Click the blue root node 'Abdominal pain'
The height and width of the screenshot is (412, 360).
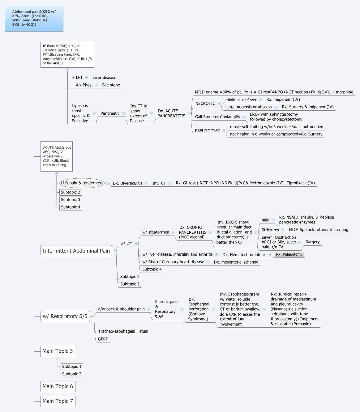[x=34, y=18]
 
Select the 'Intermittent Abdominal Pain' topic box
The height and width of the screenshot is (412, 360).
[x=76, y=251]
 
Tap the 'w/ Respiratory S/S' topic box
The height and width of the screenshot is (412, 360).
[x=65, y=316]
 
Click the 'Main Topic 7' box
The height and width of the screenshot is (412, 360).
[x=58, y=401]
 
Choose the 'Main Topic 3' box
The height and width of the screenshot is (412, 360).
[x=58, y=351]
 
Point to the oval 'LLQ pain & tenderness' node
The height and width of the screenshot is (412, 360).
[x=82, y=183]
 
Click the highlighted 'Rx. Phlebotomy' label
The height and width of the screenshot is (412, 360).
[x=289, y=254]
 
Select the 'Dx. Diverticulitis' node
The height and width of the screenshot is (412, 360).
[x=127, y=183]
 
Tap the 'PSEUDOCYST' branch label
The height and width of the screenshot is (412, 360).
[x=207, y=131]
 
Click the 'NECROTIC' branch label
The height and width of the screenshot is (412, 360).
[x=205, y=104]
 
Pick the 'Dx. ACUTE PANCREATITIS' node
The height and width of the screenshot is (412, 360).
[x=171, y=113]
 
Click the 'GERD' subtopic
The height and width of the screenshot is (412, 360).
[x=103, y=339]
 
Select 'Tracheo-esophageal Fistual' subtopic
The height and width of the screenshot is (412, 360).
[x=123, y=331]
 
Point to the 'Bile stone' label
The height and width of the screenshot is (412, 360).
[x=111, y=85]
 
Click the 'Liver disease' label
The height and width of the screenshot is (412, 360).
[x=104, y=78]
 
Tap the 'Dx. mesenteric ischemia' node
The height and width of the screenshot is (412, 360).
[x=236, y=262]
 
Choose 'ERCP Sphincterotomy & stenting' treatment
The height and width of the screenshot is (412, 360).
[x=318, y=230]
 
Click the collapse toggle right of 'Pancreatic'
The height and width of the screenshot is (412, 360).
[x=124, y=113]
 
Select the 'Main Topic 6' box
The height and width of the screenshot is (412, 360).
[x=58, y=386]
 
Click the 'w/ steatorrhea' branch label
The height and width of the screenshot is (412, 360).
[x=156, y=232]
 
